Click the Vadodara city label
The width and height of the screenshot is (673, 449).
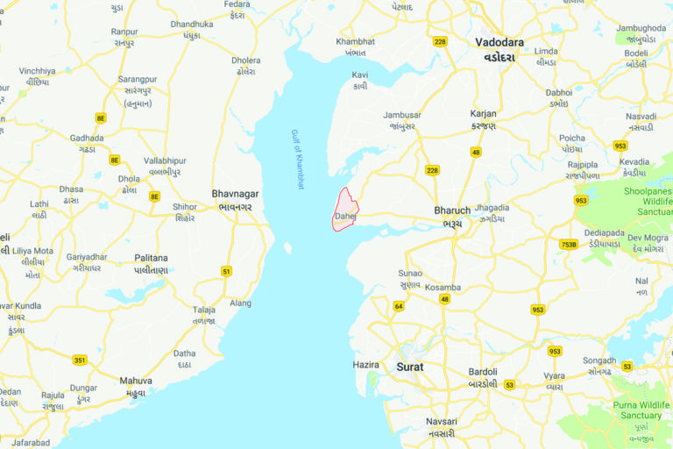[499, 42]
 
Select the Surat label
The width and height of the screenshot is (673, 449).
[410, 367]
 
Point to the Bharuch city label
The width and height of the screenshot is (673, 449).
[452, 211]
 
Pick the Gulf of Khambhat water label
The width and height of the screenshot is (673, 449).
[297, 159]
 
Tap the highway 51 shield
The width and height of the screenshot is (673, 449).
[227, 271]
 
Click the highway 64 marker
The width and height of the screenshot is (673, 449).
[399, 306]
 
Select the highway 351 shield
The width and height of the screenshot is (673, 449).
[80, 360]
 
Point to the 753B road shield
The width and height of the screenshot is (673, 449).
[569, 245]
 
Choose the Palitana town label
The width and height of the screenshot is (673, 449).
[151, 259]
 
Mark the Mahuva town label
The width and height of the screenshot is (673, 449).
[136, 381]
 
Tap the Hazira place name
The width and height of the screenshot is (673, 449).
[365, 364]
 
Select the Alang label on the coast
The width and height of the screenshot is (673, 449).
[240, 303]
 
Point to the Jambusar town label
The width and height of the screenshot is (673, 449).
[402, 115]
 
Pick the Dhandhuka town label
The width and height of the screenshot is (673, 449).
[192, 25]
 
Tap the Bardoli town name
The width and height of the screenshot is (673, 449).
[483, 372]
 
